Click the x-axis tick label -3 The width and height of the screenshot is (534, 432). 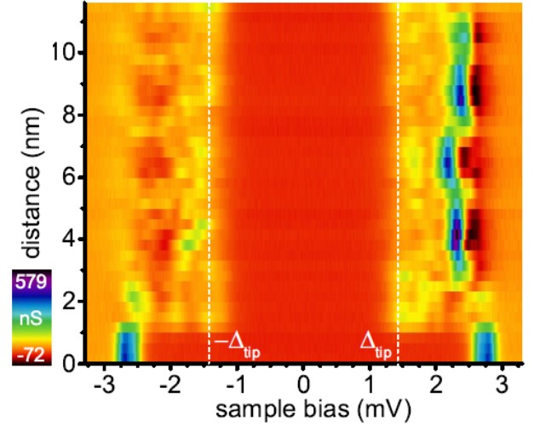102,381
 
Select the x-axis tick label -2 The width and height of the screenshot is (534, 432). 169,381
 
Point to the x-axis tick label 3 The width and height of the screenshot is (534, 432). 502,381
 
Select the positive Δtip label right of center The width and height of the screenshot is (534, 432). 376,348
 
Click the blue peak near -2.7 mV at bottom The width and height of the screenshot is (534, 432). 127,345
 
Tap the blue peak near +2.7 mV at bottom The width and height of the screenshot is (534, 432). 485,345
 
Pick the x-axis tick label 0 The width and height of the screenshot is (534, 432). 303,381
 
